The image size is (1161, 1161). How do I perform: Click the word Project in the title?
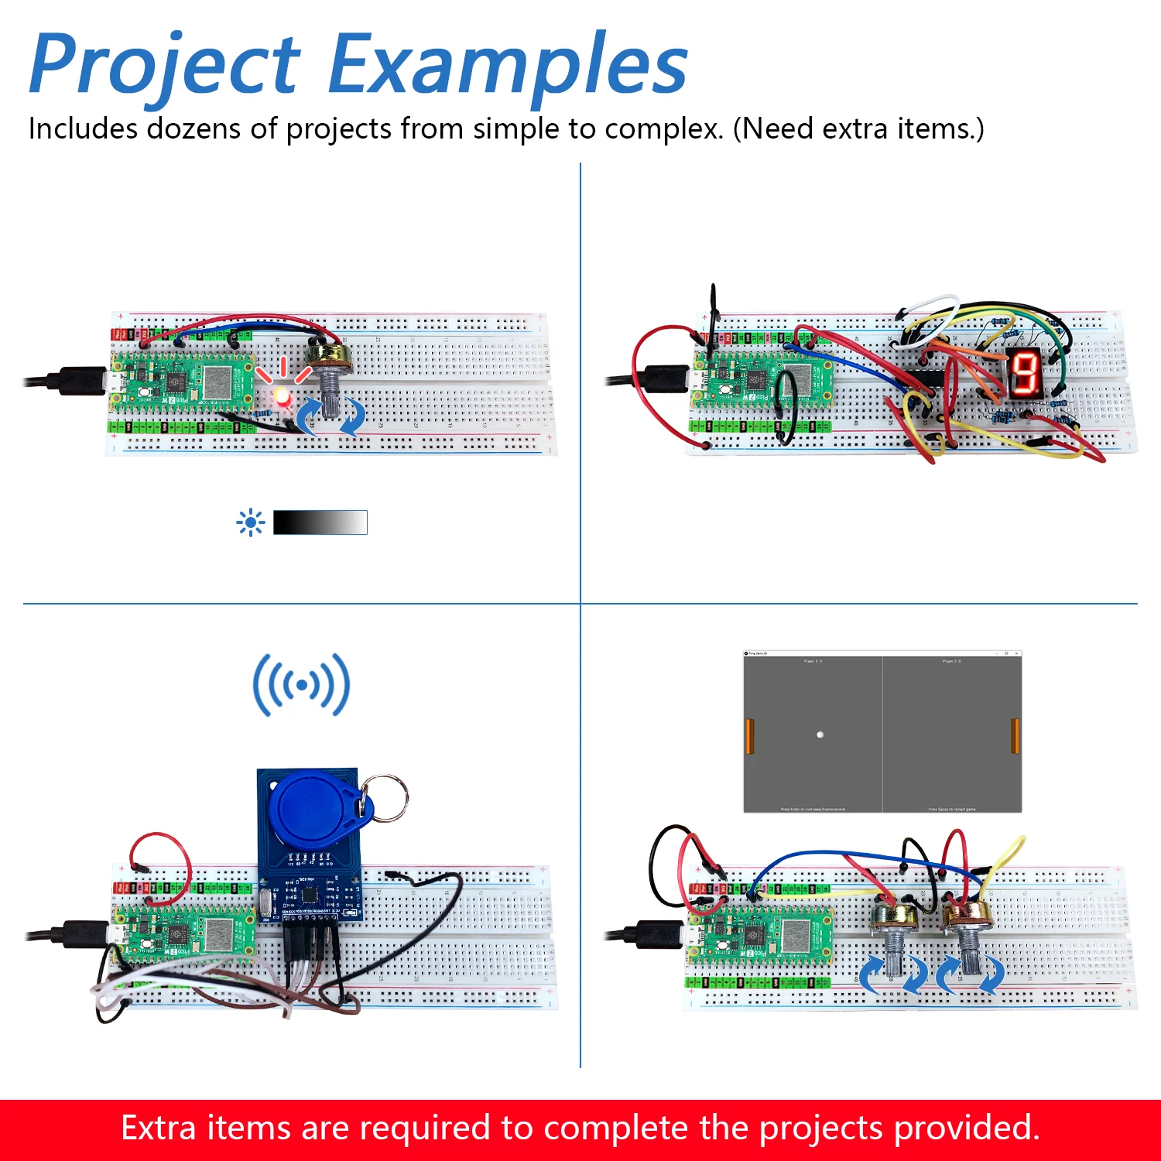click(164, 66)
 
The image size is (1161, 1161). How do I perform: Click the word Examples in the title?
click(507, 66)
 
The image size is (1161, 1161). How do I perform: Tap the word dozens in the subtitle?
click(193, 128)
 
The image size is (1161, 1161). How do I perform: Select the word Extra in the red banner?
click(158, 1128)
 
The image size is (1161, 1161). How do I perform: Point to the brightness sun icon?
click(250, 522)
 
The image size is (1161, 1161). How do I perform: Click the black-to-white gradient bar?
click(320, 522)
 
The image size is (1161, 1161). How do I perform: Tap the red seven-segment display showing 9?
click(1024, 372)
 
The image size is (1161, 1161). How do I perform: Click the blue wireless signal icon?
click(301, 685)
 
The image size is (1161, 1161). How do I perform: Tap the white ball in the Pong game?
click(820, 735)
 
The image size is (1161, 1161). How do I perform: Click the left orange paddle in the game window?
click(749, 736)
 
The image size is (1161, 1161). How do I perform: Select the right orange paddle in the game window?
click(1015, 736)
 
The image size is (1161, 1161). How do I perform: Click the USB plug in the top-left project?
click(77, 382)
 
